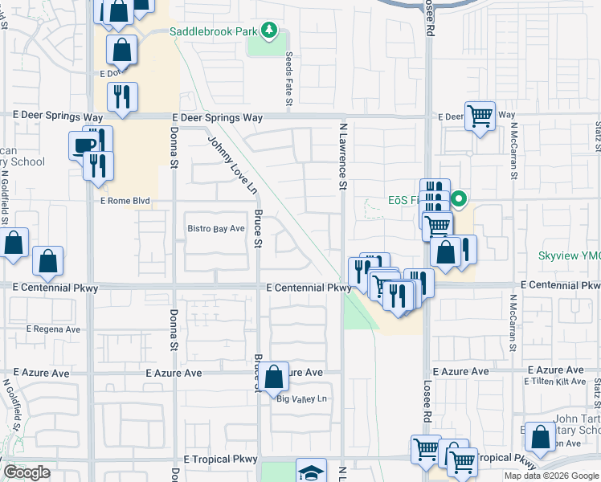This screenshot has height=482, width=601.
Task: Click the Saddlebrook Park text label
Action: click(x=212, y=32)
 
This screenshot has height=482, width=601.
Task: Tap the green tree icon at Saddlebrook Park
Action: click(x=271, y=32)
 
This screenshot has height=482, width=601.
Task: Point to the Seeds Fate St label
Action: click(x=289, y=79)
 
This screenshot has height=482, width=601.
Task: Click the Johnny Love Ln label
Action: click(x=233, y=165)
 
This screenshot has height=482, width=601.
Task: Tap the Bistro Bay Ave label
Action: click(x=215, y=229)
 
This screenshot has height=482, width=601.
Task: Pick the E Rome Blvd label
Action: click(x=125, y=201)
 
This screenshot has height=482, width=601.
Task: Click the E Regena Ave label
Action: click(x=54, y=329)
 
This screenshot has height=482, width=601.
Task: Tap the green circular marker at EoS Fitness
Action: click(x=459, y=199)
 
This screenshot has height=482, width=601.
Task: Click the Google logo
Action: click(x=27, y=472)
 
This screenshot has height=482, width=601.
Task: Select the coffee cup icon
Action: click(x=84, y=145)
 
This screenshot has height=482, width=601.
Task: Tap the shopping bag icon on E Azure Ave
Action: click(x=273, y=375)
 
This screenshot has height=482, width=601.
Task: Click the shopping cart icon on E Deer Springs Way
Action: click(x=480, y=115)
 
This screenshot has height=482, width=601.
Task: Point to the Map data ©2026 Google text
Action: click(x=552, y=476)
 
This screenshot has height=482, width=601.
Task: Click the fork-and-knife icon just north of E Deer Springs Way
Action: click(x=122, y=96)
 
